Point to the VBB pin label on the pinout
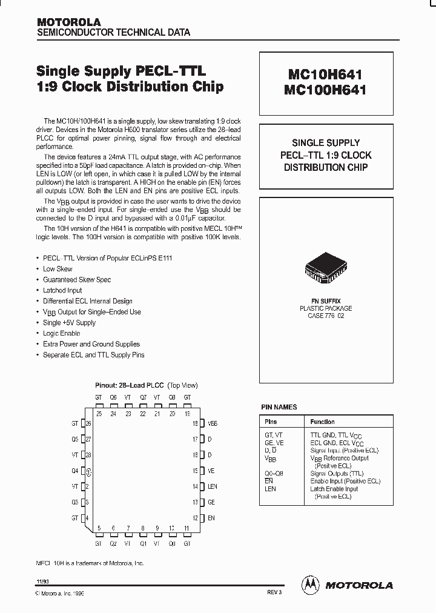212,424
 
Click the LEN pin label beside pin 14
213,486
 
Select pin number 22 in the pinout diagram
143,414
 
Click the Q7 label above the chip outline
143,397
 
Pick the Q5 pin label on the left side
75,440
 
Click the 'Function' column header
322,422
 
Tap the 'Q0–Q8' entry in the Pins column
273,473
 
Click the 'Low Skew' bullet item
58,268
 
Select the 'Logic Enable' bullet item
61,333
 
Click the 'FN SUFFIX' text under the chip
326,301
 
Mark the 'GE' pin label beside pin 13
211,502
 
